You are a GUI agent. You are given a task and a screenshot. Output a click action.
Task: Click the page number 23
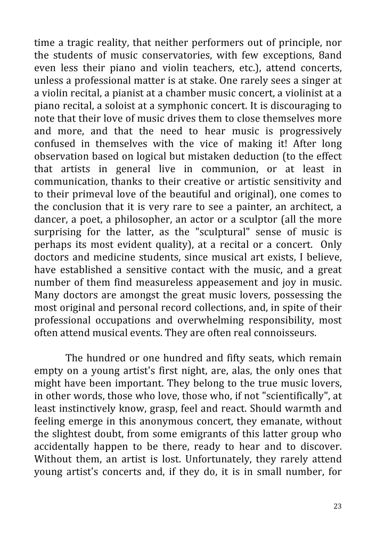(x=338, y=506)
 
